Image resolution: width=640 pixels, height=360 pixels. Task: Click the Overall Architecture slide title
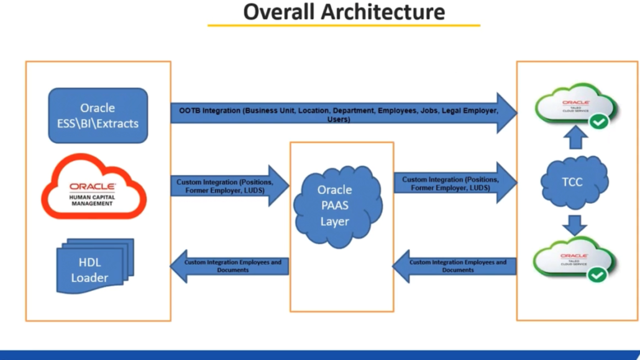[x=344, y=12]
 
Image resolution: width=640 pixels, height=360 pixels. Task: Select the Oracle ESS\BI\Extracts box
[x=98, y=116]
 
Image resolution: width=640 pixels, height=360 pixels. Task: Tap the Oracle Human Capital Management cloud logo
[x=93, y=187]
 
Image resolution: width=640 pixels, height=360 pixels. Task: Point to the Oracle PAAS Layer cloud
[x=335, y=205]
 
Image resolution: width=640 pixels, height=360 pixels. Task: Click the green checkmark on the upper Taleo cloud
[x=599, y=122]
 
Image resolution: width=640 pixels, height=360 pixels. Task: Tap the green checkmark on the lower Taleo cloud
[x=598, y=274]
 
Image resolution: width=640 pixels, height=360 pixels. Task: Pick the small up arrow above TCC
[x=575, y=138]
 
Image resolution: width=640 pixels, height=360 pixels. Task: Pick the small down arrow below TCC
[x=575, y=224]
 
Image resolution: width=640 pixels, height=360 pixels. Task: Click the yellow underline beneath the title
[x=344, y=25]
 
